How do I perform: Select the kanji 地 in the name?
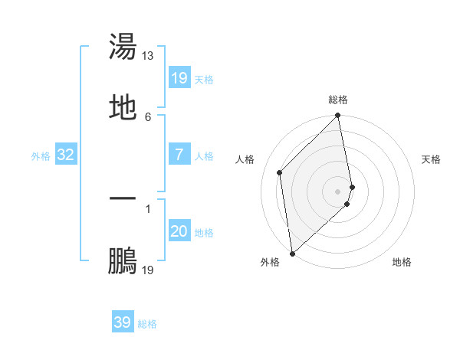tap(123, 107)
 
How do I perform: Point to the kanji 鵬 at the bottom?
tap(123, 260)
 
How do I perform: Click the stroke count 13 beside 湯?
tap(148, 56)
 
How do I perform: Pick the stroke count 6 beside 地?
tap(148, 117)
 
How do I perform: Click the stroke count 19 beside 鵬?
tap(148, 270)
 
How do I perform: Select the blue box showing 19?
tap(179, 78)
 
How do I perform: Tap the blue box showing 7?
tap(179, 155)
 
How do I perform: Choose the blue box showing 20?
tap(179, 231)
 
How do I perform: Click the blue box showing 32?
tap(66, 155)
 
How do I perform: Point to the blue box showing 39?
tap(123, 322)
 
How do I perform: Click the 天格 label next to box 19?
tap(204, 80)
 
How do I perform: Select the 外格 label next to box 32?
tap(41, 156)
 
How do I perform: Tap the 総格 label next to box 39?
tap(147, 324)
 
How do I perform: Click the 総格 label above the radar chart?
tap(338, 100)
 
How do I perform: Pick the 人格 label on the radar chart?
tap(245, 159)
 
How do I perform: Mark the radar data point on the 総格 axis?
tap(338, 116)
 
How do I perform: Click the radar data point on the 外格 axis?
tap(292, 253)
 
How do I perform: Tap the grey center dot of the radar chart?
tap(338, 191)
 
